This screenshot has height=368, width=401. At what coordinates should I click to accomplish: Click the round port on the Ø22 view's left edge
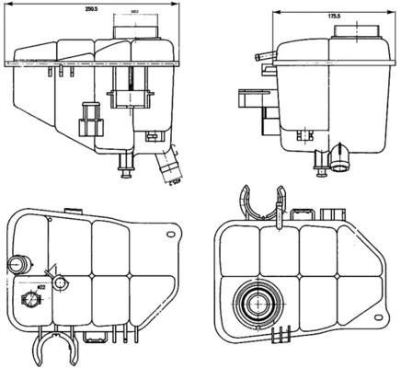tap(17, 265)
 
